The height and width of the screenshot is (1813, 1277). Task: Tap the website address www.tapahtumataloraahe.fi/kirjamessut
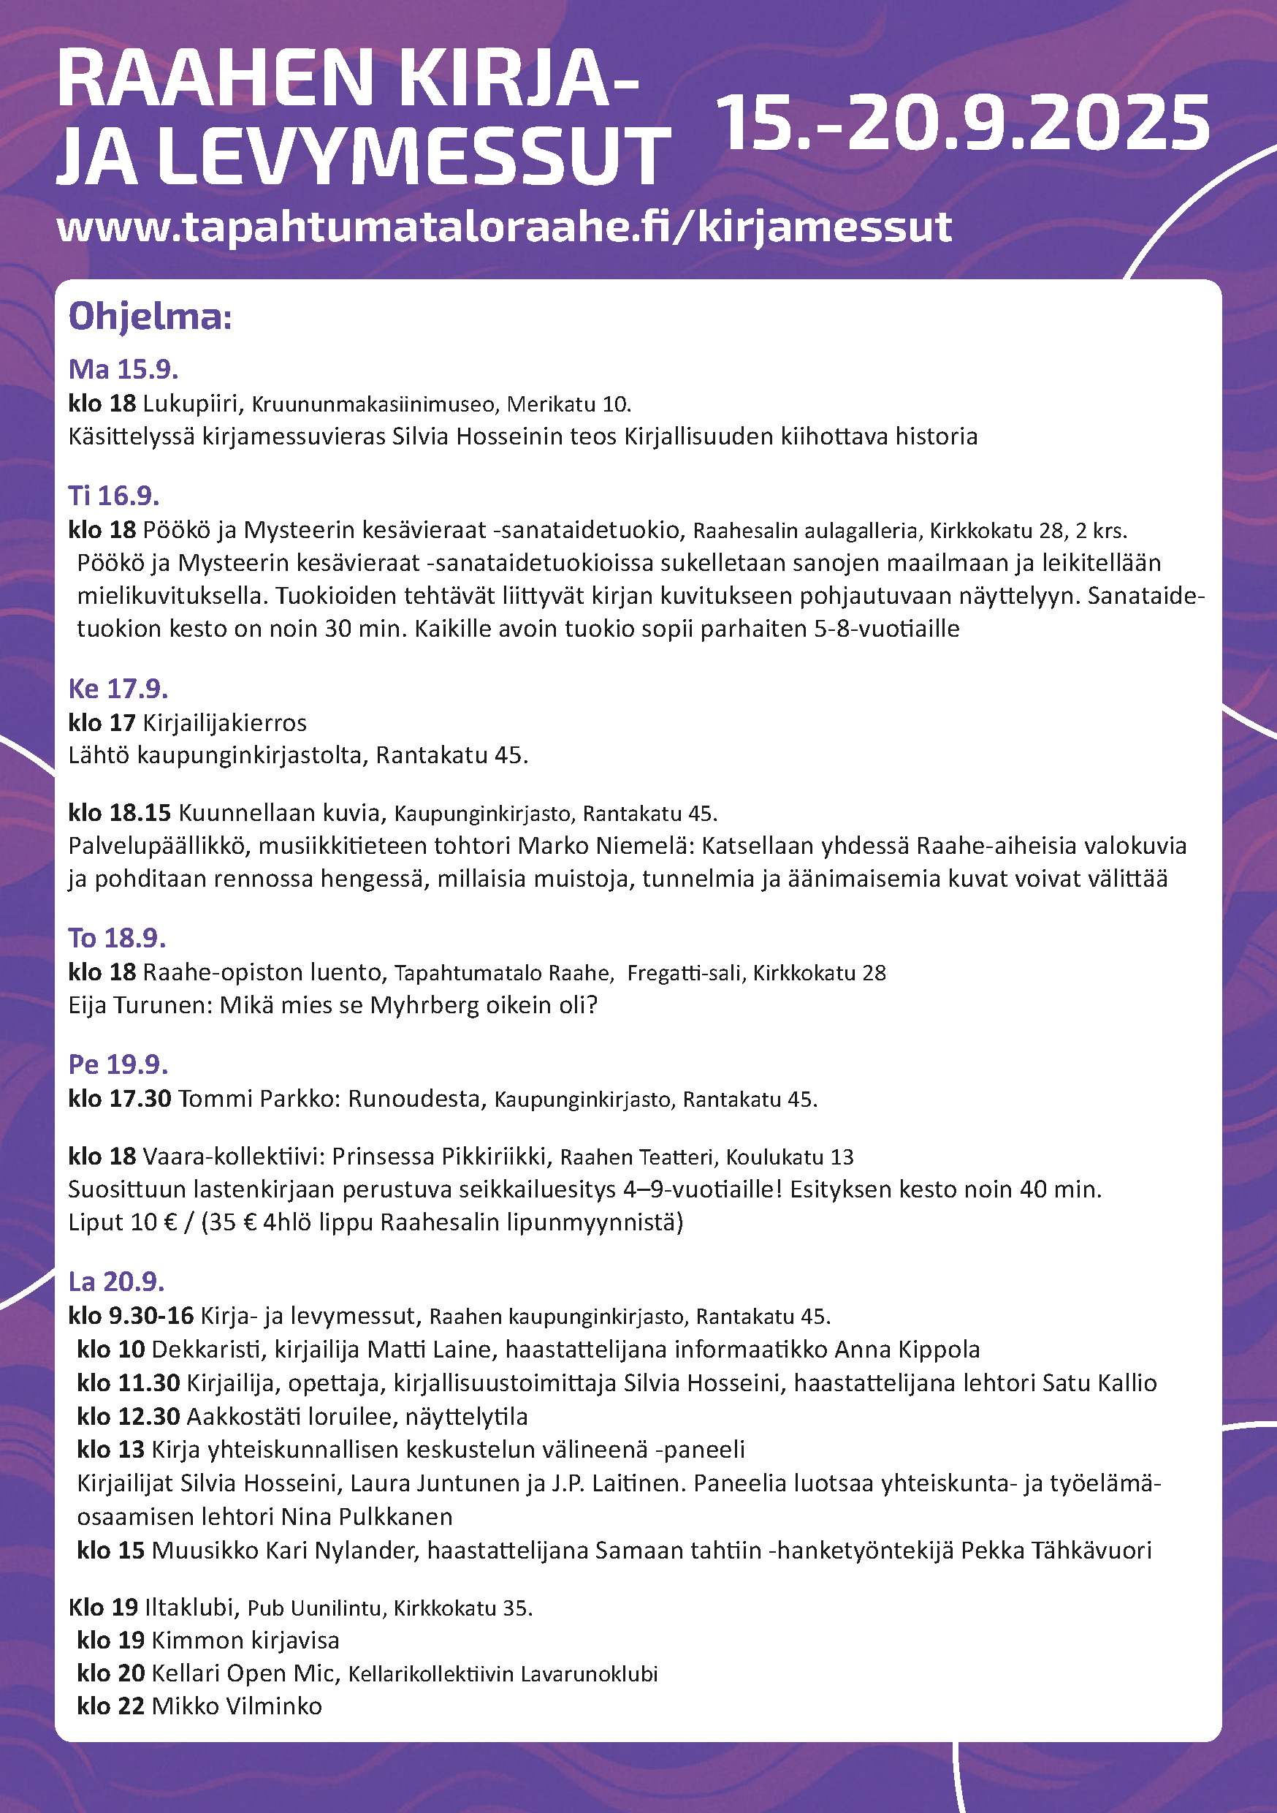click(503, 227)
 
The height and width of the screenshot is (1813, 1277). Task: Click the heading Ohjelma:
click(150, 317)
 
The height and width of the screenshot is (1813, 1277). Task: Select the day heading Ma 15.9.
click(123, 368)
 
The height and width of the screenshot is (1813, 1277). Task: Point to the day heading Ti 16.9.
click(114, 495)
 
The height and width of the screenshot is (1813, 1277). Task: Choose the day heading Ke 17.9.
click(118, 689)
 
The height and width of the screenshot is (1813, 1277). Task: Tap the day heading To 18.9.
click(117, 937)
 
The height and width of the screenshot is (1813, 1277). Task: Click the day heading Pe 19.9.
click(118, 1064)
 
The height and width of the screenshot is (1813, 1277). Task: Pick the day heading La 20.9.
click(116, 1281)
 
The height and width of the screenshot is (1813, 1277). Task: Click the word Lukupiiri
click(190, 404)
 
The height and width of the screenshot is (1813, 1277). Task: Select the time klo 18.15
click(119, 812)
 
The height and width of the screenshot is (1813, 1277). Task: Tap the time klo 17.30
click(119, 1098)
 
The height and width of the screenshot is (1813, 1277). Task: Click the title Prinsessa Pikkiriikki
click(439, 1156)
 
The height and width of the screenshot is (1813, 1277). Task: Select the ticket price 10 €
click(154, 1222)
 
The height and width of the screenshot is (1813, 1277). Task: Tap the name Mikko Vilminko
click(236, 1706)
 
